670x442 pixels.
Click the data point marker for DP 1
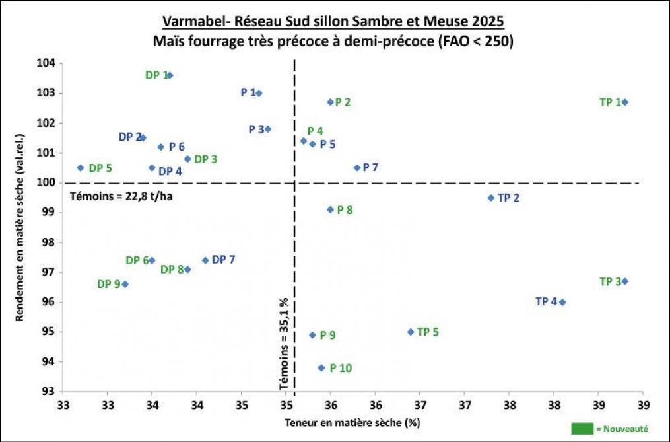click(x=170, y=75)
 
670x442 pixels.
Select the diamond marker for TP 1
click(x=625, y=102)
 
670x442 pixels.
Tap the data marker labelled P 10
click(x=321, y=367)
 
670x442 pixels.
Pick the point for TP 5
click(x=411, y=332)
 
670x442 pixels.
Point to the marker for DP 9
click(x=125, y=284)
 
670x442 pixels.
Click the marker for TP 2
click(x=490, y=198)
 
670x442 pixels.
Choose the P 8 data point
click(x=331, y=209)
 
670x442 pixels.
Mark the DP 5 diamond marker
click(x=81, y=168)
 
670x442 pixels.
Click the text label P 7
click(x=370, y=168)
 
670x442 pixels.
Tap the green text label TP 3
click(x=610, y=281)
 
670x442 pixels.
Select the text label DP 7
click(x=223, y=260)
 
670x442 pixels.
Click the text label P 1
click(x=248, y=93)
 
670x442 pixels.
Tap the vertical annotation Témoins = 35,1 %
click(x=285, y=343)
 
